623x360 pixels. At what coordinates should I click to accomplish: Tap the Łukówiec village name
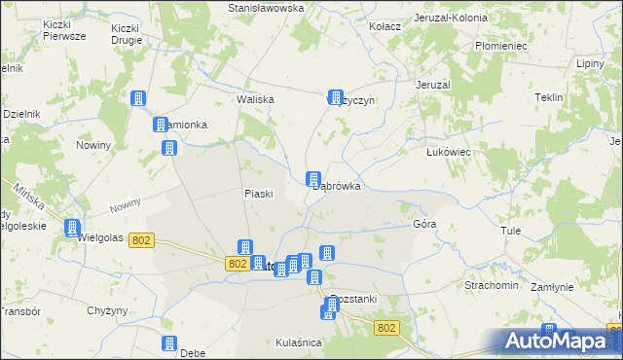pos(449,153)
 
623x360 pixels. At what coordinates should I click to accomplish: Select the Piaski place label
pos(258,194)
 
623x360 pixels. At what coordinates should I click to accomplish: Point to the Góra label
pos(424,224)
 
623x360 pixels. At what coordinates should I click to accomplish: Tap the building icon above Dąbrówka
pos(313,179)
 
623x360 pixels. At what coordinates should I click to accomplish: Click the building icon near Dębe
pos(168,343)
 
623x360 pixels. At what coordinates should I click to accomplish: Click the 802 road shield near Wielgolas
pos(141,240)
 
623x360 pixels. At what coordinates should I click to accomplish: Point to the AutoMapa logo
pos(559,341)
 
